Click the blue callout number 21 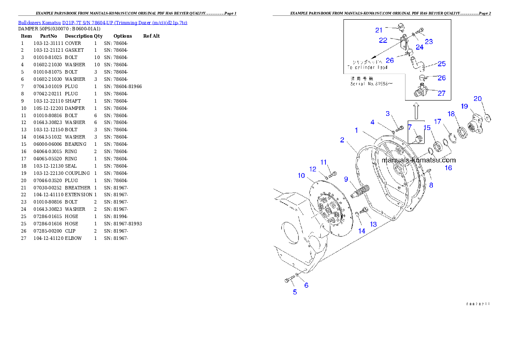coord(379,30)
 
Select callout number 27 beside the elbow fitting coord(441,93)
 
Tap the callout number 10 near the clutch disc coord(302,175)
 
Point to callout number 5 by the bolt coord(295,292)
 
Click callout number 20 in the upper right coord(478,99)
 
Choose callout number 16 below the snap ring coord(448,168)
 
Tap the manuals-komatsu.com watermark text coord(418,160)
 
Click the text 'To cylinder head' coord(367,68)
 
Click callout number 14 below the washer coord(362,231)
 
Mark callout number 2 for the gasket coord(342,140)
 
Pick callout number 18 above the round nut coord(451,114)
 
